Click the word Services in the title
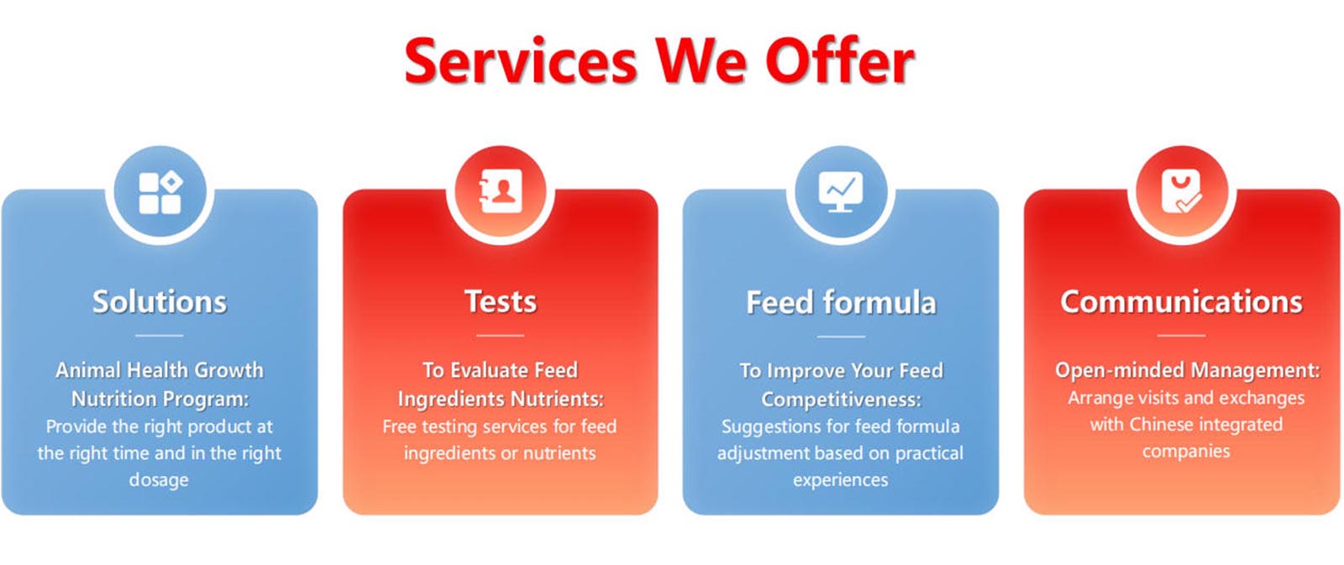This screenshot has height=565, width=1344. [520, 61]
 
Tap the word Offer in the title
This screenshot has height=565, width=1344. [840, 61]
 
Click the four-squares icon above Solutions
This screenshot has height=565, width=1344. [160, 192]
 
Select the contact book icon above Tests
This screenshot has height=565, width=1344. [501, 192]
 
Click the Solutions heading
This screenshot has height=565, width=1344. [160, 301]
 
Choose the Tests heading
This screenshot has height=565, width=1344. [501, 301]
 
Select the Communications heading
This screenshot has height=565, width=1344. [1181, 301]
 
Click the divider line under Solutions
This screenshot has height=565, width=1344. [160, 336]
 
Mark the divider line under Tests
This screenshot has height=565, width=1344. [501, 336]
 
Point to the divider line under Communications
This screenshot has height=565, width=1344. [1181, 336]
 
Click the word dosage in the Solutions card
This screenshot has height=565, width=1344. [159, 480]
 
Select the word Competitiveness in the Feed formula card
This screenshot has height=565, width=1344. [841, 400]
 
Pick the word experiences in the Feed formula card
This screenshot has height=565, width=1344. [841, 480]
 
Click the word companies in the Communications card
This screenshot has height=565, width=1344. [1186, 452]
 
